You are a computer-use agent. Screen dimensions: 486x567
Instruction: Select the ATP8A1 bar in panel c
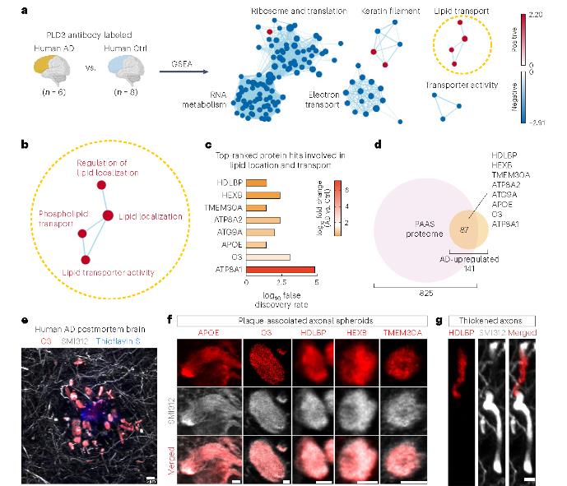coord(280,268)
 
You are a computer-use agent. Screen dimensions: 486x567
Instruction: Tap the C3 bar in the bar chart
coord(268,257)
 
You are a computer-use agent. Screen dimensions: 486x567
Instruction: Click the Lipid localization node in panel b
coord(107,215)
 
